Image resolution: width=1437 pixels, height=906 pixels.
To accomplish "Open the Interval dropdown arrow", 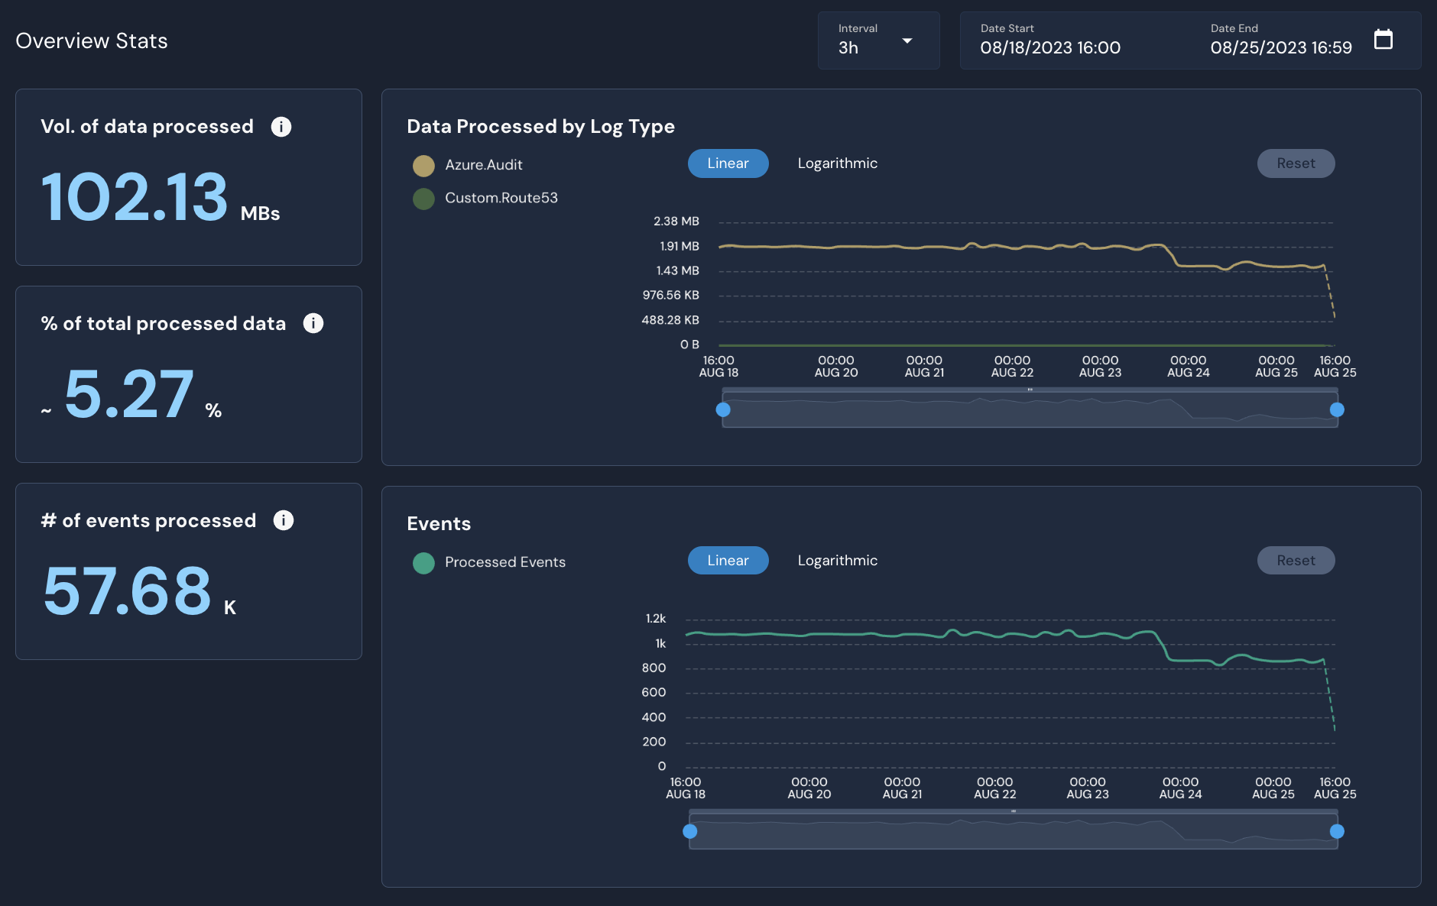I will pos(907,41).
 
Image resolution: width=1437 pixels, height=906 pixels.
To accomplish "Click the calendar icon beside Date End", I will pos(1383,40).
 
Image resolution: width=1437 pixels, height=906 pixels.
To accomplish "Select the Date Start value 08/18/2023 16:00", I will pos(1050,47).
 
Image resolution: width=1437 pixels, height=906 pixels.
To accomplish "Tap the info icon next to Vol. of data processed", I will pos(281,127).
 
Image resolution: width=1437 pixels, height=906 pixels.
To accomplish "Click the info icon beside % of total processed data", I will pos(313,323).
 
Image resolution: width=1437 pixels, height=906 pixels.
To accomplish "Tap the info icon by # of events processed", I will pos(284,520).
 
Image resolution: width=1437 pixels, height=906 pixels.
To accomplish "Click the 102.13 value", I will pos(135,197).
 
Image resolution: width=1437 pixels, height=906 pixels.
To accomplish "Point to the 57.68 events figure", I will pos(128,591).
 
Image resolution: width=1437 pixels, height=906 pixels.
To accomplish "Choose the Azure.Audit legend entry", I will pos(483,165).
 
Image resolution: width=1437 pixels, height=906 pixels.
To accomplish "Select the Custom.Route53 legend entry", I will pos(501,198).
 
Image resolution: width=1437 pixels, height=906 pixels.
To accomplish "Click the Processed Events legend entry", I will pos(504,562).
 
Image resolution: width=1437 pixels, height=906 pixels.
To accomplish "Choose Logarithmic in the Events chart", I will pos(837,561).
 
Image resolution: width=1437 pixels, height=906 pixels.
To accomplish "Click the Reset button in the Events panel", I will pos(1296,561).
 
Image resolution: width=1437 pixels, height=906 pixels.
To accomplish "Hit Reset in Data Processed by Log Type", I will pos(1296,163).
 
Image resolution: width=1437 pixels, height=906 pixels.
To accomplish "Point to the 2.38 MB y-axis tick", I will pos(676,222).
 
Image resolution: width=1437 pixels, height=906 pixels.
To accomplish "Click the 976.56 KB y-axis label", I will pos(670,296).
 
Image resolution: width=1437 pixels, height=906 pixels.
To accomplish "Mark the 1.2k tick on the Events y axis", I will pos(655,619).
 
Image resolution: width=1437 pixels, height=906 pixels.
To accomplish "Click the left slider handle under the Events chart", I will pos(690,831).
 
